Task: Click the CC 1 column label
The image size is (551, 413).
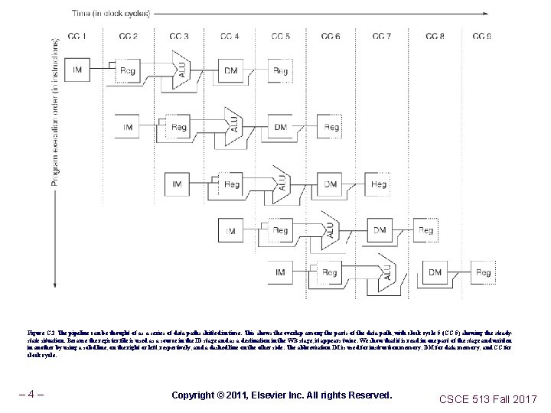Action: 78,36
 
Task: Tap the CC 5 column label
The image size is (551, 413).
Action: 281,36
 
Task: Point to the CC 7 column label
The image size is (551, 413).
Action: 382,36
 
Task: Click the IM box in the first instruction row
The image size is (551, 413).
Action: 77,70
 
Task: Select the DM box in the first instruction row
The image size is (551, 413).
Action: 230,71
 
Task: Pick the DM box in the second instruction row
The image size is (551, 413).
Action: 281,127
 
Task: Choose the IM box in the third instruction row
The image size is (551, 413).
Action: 178,184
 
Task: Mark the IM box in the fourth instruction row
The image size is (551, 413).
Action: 230,229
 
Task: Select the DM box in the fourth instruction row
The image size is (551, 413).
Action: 380,229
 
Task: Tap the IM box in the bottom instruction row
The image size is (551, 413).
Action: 280,272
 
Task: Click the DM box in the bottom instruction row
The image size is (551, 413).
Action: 434,272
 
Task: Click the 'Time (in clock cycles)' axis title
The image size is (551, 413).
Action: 110,13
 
